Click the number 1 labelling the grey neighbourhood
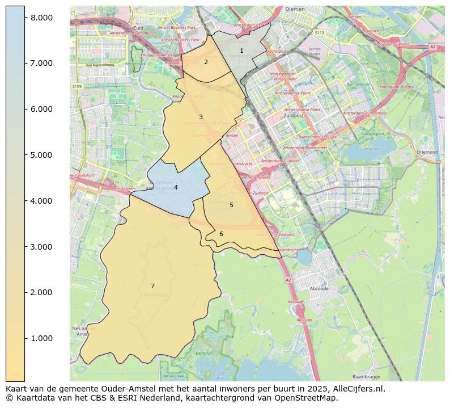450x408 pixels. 241,51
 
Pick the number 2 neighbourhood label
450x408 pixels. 206,62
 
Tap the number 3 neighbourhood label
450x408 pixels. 201,117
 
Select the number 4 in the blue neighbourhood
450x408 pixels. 176,187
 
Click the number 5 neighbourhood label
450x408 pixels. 231,205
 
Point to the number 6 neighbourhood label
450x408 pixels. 221,234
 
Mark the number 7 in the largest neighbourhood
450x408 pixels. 152,286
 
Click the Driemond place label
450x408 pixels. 427,152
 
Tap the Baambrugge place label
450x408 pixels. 366,376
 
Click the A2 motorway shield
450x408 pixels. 288,280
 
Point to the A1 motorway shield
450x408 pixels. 432,47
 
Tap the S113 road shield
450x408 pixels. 320,33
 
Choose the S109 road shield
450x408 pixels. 77,86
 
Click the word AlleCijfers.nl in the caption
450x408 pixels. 356,389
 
